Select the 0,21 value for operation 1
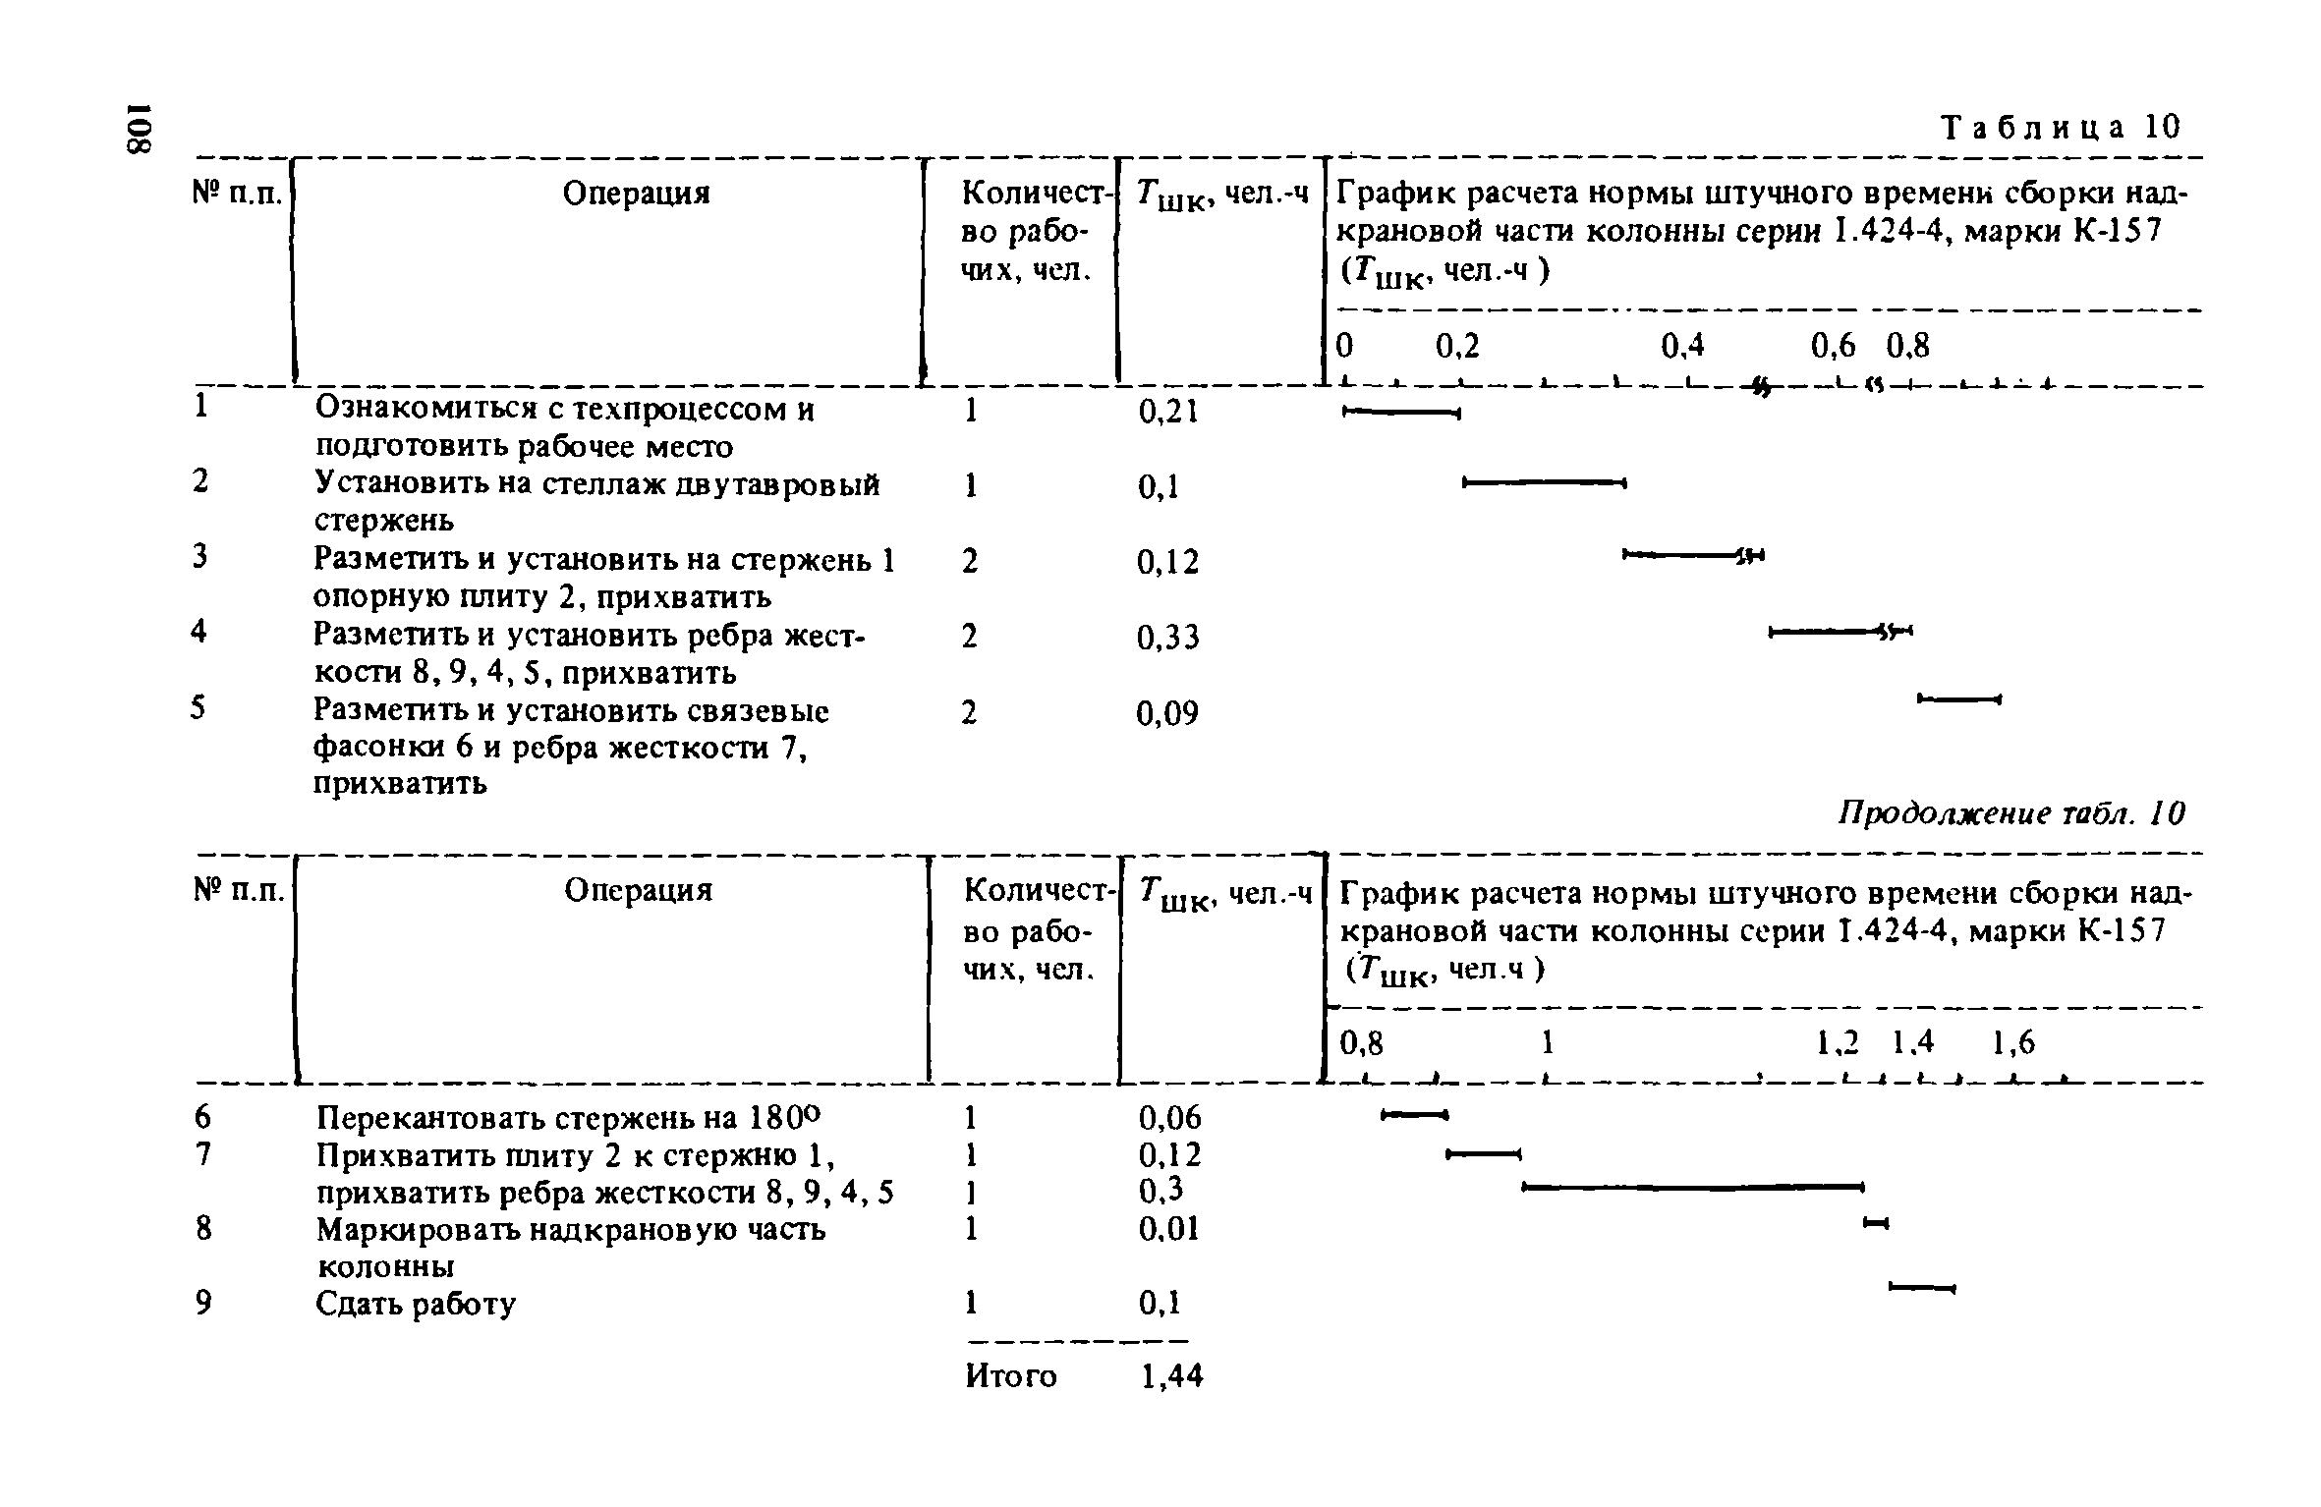click(x=1167, y=412)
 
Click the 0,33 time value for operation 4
click(x=1167, y=639)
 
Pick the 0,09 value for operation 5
click(x=1167, y=714)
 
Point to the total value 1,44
click(x=1171, y=1376)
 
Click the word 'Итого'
click(x=1011, y=1376)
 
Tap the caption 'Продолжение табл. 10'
click(x=2013, y=813)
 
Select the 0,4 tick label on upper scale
click(x=1682, y=346)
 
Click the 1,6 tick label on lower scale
click(x=2013, y=1043)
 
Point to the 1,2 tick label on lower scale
click(x=1838, y=1043)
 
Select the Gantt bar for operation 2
click(x=1545, y=481)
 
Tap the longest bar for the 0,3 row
click(x=1691, y=1188)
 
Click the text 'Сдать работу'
click(x=415, y=1305)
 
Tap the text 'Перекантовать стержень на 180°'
click(x=567, y=1119)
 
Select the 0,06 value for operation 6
click(x=1169, y=1118)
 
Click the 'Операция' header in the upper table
click(x=636, y=194)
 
